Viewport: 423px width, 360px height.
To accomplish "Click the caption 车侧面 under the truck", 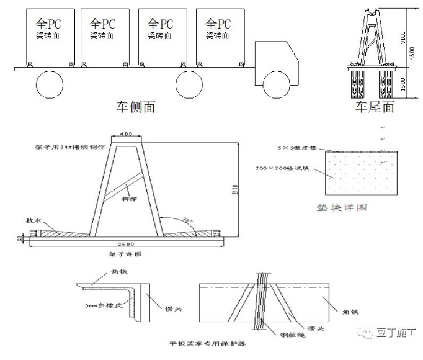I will (x=135, y=107).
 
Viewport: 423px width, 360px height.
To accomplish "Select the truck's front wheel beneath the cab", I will (x=275, y=83).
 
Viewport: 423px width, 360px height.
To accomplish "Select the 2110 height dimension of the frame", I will (x=244, y=189).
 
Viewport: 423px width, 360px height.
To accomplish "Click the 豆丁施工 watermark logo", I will (x=389, y=333).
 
